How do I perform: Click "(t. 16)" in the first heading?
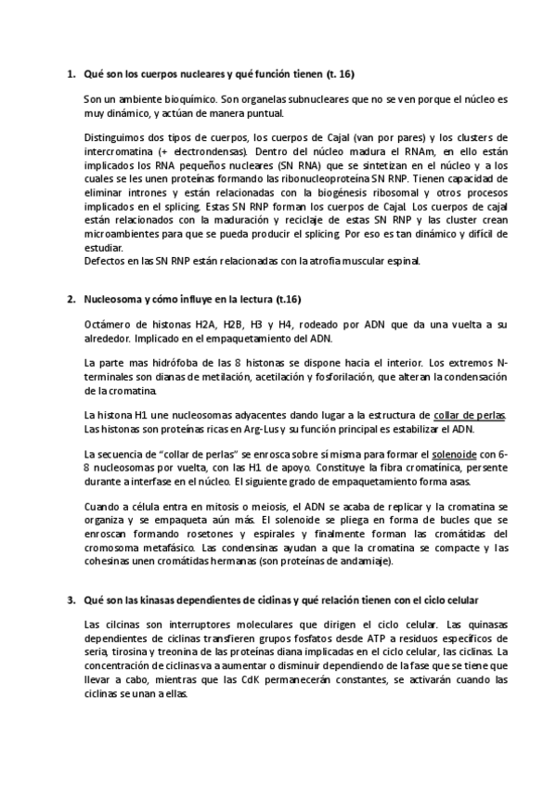pos(340,72)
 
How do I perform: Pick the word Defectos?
pos(103,261)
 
